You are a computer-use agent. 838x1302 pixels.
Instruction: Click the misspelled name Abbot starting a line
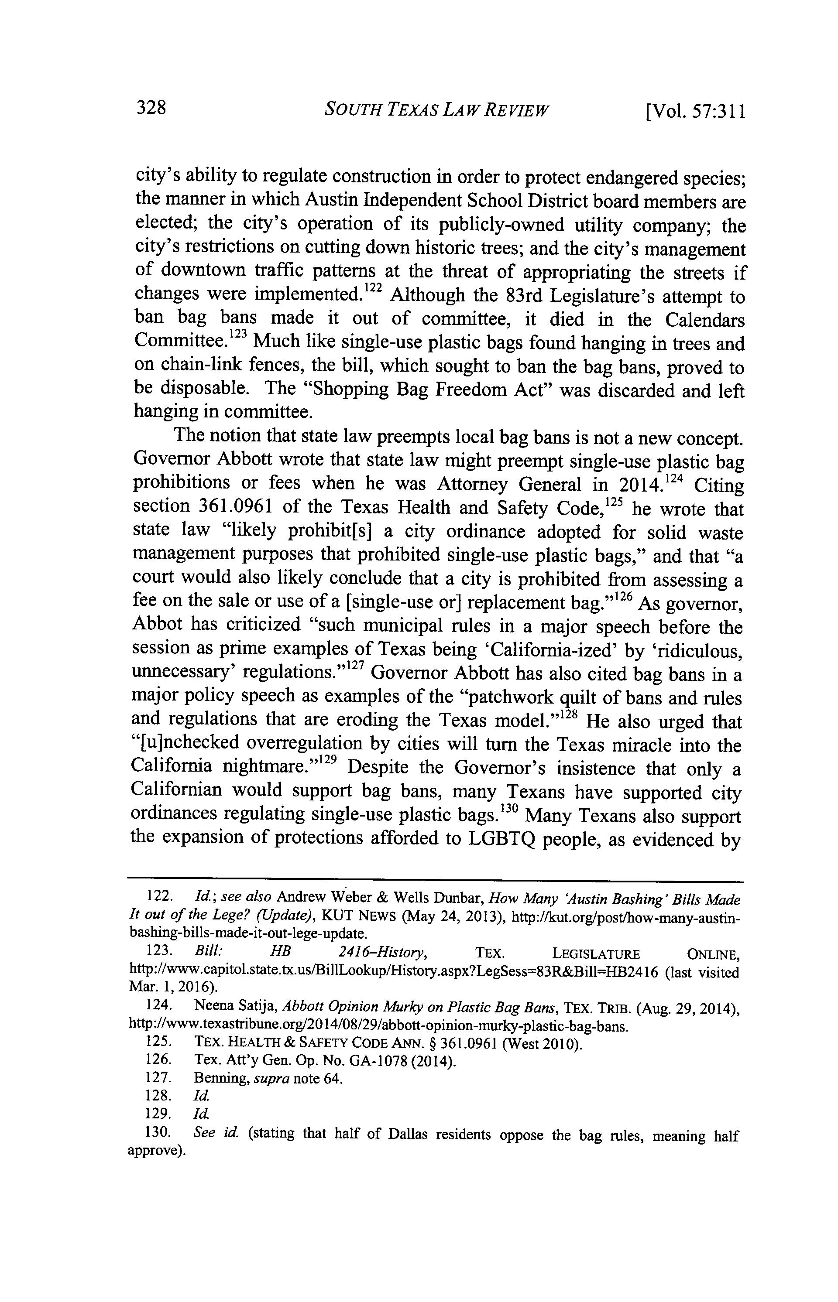(x=157, y=624)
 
